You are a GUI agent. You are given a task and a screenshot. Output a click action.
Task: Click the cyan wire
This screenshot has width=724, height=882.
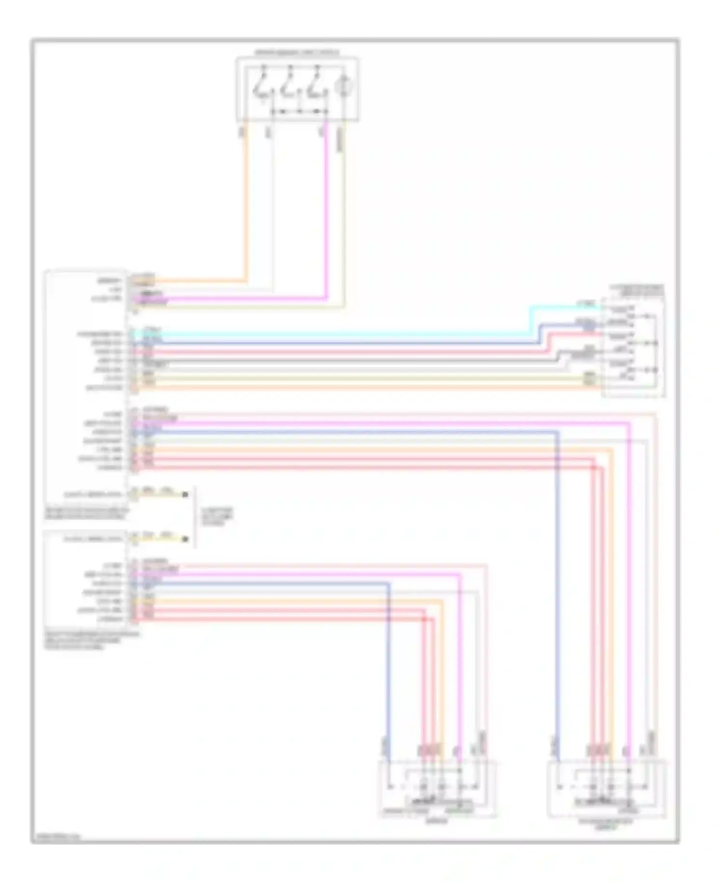[338, 333]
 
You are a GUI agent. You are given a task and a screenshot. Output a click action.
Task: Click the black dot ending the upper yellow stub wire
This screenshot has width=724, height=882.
[185, 494]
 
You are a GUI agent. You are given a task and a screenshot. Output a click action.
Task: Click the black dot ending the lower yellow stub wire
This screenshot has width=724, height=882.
[185, 539]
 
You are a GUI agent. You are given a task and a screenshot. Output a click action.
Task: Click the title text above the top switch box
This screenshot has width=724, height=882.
[297, 52]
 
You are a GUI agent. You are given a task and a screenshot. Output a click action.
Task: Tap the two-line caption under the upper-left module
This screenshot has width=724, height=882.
[87, 513]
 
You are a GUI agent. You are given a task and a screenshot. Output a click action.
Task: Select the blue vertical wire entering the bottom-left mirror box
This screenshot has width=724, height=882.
[388, 676]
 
